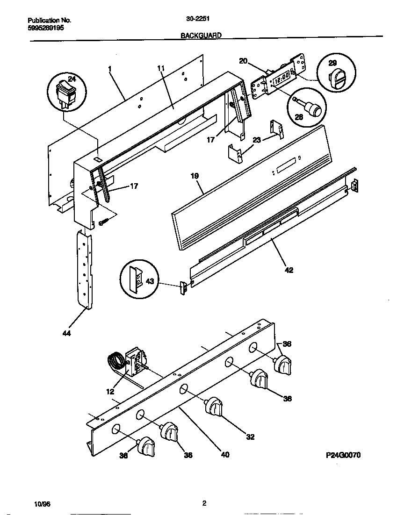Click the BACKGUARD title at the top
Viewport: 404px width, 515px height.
pyautogui.click(x=201, y=35)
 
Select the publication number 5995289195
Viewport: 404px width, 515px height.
pyautogui.click(x=46, y=28)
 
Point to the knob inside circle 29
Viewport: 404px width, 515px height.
pyautogui.click(x=336, y=77)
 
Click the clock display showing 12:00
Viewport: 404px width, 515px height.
pyautogui.click(x=281, y=79)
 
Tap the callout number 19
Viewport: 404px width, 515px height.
pyautogui.click(x=195, y=176)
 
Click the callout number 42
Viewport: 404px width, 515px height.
pyautogui.click(x=289, y=270)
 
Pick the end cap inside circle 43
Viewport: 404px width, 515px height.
pyautogui.click(x=137, y=280)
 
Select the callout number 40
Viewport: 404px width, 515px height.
pyautogui.click(x=224, y=454)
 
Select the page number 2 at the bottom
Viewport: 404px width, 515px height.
pyautogui.click(x=204, y=503)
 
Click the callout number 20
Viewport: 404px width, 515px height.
pyautogui.click(x=243, y=61)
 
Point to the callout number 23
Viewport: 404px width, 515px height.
pyautogui.click(x=256, y=139)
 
